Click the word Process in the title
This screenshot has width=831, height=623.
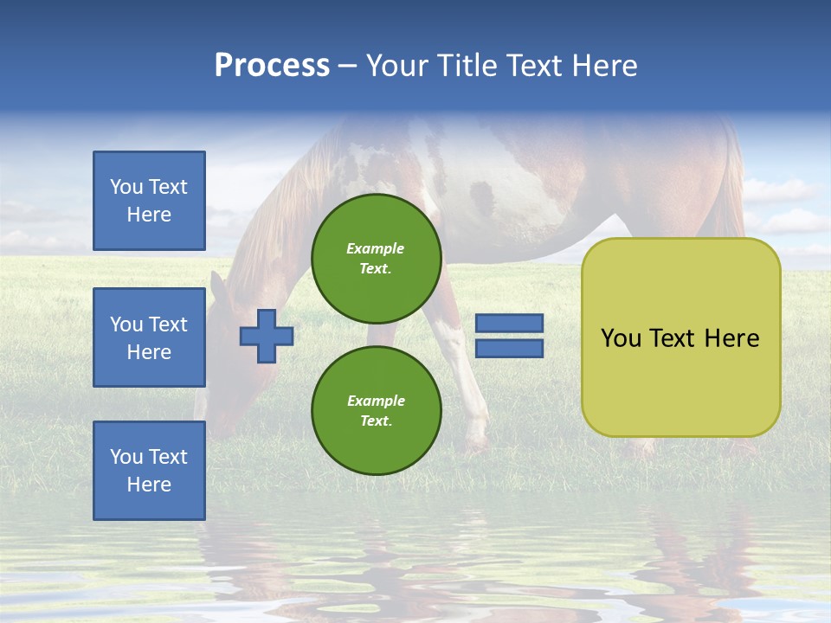[272, 66]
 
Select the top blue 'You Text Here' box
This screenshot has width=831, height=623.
[149, 201]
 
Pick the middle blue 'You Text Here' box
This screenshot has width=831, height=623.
[149, 337]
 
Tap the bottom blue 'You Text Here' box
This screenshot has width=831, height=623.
[149, 471]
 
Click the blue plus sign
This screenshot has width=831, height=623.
[267, 336]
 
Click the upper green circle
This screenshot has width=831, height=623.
[376, 258]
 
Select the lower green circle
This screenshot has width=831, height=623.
[376, 410]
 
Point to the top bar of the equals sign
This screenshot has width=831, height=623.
[509, 324]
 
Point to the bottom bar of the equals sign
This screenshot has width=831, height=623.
[509, 349]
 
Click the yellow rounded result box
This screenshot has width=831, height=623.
[680, 381]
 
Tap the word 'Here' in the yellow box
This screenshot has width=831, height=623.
[731, 338]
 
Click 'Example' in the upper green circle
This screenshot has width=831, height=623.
[375, 248]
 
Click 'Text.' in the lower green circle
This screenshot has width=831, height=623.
[376, 421]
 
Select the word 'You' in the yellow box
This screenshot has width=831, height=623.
[621, 338]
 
